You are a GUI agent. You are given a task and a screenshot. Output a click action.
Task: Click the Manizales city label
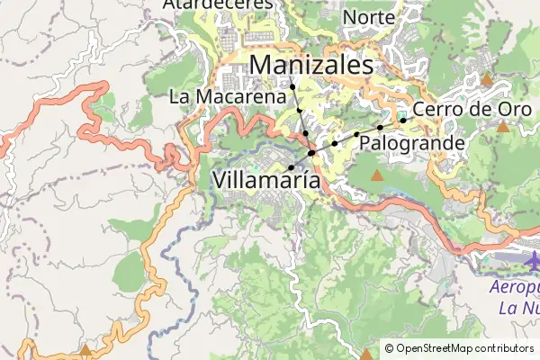click(x=310, y=65)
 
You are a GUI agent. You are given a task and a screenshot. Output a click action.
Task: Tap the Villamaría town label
click(x=266, y=179)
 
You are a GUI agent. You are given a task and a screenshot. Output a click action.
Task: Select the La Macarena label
click(x=232, y=96)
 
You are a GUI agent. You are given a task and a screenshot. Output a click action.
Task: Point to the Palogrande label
click(x=411, y=143)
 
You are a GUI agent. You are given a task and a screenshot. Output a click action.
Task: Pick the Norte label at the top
click(x=369, y=17)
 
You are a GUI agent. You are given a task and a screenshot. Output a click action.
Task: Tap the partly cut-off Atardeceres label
click(x=217, y=4)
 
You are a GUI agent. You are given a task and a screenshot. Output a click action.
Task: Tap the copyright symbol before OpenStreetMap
click(x=389, y=348)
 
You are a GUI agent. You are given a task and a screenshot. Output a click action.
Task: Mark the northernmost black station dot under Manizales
click(x=292, y=86)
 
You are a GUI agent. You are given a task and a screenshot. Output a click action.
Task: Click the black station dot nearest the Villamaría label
click(x=291, y=168)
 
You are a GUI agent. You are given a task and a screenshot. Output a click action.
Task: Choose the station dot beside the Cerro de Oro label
click(x=403, y=120)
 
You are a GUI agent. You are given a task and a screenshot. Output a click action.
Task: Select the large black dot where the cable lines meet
click(x=311, y=154)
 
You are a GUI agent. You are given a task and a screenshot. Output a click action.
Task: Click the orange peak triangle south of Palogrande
click(x=376, y=175)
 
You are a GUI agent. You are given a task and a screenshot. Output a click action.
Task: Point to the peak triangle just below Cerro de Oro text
click(x=502, y=126)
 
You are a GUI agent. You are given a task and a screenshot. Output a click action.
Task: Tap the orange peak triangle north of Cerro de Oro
click(x=487, y=80)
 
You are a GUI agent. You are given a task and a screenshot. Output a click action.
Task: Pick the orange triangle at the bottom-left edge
click(x=85, y=349)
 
